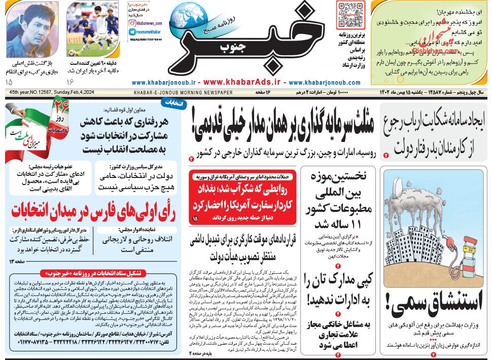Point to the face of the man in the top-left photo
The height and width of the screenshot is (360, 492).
[25, 23]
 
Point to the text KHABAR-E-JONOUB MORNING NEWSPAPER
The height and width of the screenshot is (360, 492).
[183, 93]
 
